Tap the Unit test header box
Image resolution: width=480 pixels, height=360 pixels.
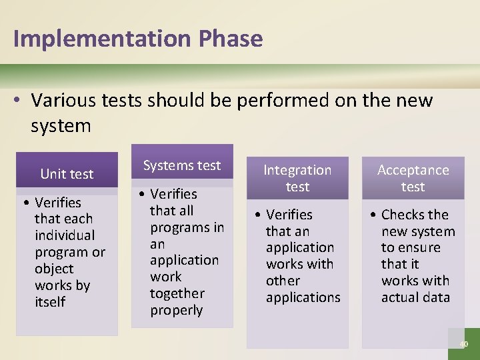[67, 174]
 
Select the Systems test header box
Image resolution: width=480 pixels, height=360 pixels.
[182, 165]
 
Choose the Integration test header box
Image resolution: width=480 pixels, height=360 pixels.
[297, 178]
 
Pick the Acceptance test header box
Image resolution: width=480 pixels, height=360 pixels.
[413, 178]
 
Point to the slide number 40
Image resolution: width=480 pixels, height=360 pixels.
[464, 344]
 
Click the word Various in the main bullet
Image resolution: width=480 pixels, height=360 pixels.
[64, 101]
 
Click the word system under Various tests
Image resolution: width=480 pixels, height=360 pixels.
[61, 125]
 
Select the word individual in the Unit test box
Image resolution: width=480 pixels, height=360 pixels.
[65, 235]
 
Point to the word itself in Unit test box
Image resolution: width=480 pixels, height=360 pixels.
[50, 302]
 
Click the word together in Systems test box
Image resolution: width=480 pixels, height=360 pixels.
[177, 293]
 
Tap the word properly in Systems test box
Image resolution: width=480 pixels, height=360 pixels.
[176, 310]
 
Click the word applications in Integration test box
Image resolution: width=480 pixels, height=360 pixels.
[303, 297]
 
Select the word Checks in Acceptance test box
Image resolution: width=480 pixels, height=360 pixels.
[415, 215]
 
